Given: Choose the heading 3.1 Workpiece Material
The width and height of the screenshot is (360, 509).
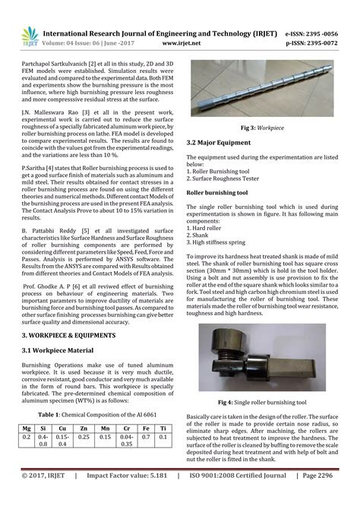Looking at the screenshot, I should [58, 350].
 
